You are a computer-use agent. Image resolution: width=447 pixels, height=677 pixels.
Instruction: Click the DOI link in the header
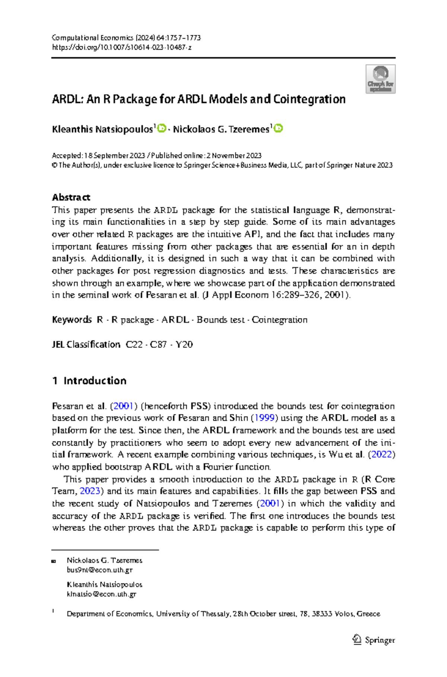point(121,48)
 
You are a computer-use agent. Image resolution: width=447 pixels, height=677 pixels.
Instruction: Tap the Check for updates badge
point(380,79)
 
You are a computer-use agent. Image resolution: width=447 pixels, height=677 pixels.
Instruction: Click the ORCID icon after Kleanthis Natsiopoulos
point(162,129)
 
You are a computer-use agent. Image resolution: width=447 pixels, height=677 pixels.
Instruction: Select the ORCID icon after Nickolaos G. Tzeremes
point(278,129)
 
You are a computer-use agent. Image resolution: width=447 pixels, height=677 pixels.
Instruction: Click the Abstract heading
point(71,197)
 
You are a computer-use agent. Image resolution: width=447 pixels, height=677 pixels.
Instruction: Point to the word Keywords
point(72,320)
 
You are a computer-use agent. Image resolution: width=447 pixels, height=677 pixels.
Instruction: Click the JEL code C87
point(158,344)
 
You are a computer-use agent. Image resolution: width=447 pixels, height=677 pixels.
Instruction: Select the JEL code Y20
point(184,344)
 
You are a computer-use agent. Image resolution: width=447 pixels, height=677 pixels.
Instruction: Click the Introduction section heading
point(95,381)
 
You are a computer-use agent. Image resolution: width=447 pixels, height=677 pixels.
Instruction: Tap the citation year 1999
point(264,418)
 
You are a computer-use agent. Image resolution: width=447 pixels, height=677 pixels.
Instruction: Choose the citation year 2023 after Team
point(90,491)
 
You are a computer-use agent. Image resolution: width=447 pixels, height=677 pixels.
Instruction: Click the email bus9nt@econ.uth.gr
point(99,570)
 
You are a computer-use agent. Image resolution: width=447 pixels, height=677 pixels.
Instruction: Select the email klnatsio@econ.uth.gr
point(101,594)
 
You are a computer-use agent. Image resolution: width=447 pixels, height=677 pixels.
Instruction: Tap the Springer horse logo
point(357,639)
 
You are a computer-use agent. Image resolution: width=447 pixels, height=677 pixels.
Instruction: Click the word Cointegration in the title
point(309,99)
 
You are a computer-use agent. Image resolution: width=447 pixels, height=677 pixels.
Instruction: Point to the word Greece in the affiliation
point(368,614)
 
